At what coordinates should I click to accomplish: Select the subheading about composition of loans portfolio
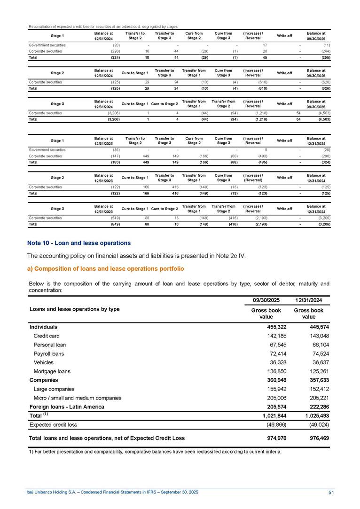[106, 268]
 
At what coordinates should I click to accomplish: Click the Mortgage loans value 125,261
[317, 371]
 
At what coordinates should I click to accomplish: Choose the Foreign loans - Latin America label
[67, 407]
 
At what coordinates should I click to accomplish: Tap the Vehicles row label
[44, 362]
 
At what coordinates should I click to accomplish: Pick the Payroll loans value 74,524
[317, 353]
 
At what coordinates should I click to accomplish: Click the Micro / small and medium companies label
[78, 398]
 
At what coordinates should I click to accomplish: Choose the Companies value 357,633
[317, 380]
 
